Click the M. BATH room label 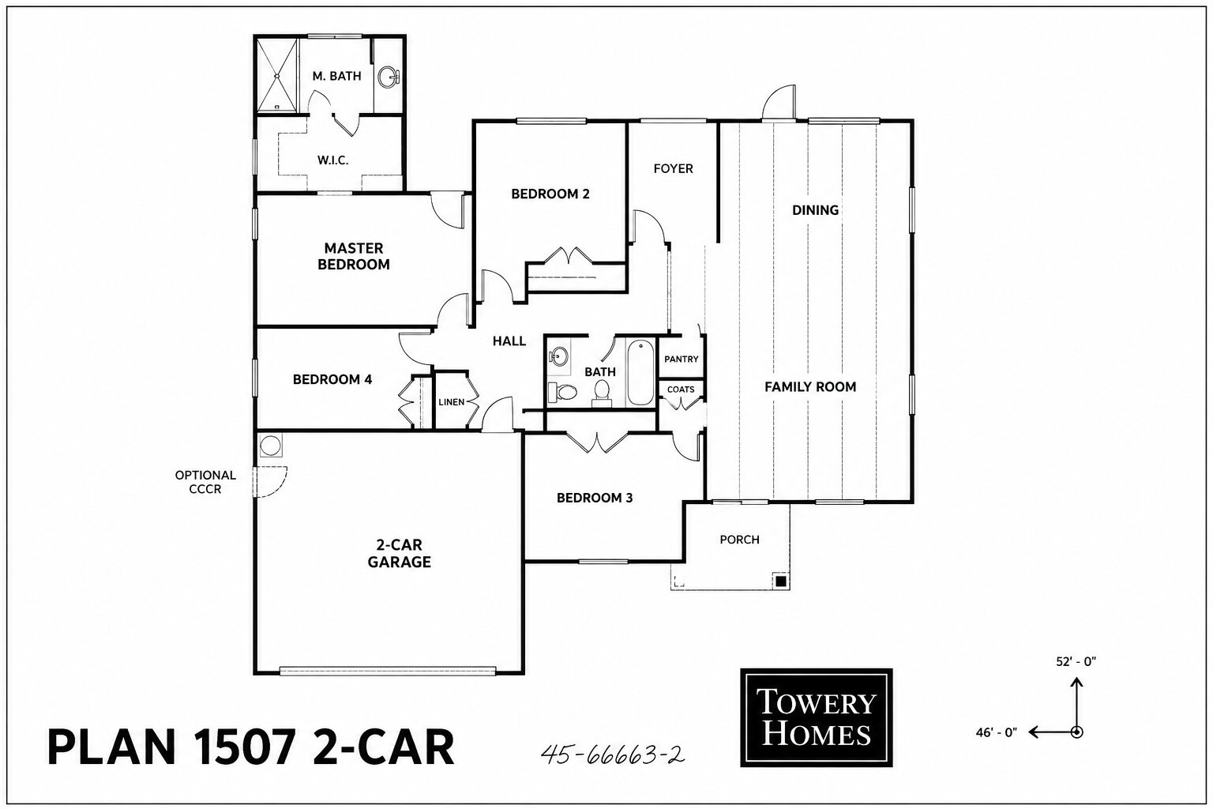coord(336,77)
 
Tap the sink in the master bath coord(388,77)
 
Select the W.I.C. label coord(332,160)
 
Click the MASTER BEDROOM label coord(354,256)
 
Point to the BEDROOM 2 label coord(550,194)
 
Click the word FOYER coord(673,168)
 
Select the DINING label coord(815,210)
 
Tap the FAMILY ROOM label coord(810,387)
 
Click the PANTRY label coord(682,359)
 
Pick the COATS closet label coord(681,389)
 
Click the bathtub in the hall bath coord(640,372)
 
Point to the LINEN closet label coord(451,402)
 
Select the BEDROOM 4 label coord(332,379)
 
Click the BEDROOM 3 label coord(595,498)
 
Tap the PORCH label coord(739,540)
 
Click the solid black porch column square coord(780,581)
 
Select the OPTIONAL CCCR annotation coord(205,482)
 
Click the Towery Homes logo coord(816,717)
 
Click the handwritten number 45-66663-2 coord(613,754)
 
